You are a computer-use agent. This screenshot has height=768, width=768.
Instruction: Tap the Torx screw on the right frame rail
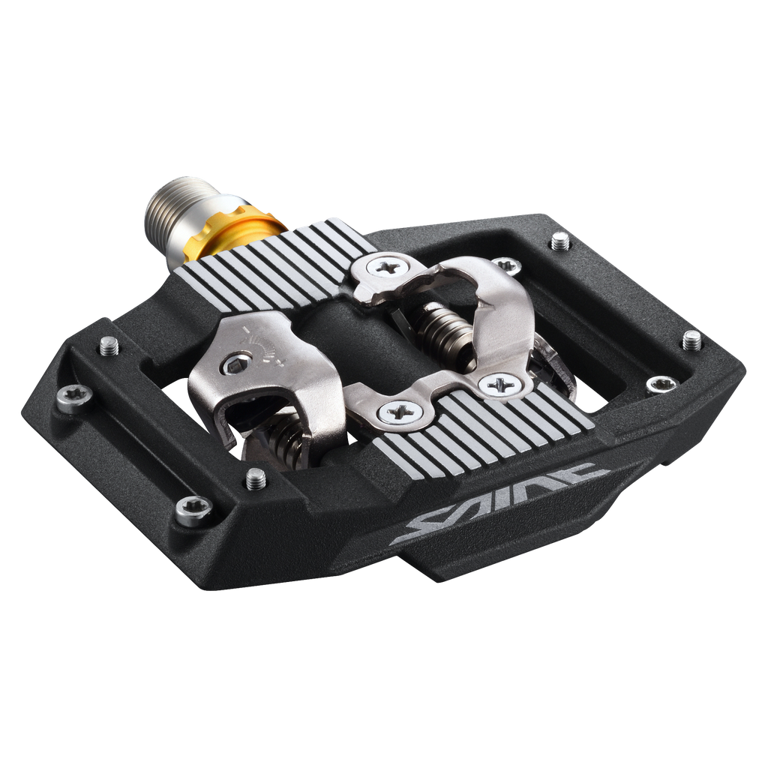pyautogui.click(x=661, y=385)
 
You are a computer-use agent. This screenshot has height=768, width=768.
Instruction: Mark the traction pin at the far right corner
pyautogui.click(x=692, y=340)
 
